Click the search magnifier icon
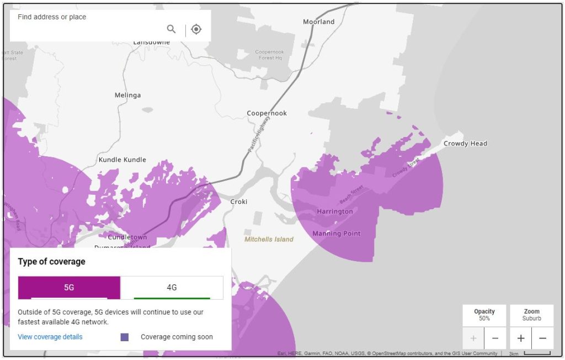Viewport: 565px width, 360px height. click(x=171, y=29)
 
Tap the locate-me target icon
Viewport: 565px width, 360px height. click(x=196, y=29)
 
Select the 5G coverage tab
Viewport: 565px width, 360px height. click(x=69, y=288)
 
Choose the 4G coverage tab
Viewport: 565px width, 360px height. click(x=172, y=288)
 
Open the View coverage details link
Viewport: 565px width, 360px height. click(x=50, y=337)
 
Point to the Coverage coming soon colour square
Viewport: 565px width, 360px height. click(x=124, y=337)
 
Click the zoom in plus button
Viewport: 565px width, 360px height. click(x=521, y=338)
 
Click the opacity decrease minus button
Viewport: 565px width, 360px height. click(x=495, y=338)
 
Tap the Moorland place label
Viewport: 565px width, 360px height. click(x=319, y=22)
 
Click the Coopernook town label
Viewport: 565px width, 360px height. click(x=266, y=113)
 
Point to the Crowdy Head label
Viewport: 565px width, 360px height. click(x=465, y=144)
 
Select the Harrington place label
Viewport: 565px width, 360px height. click(x=335, y=211)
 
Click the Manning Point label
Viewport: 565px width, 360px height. click(x=337, y=234)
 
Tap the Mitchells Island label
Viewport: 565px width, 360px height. click(x=269, y=240)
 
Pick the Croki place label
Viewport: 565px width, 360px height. click(x=239, y=202)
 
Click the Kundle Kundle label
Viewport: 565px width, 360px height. click(x=122, y=160)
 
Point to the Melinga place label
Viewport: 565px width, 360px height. click(x=127, y=95)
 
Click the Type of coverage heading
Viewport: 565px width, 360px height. click(x=51, y=262)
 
